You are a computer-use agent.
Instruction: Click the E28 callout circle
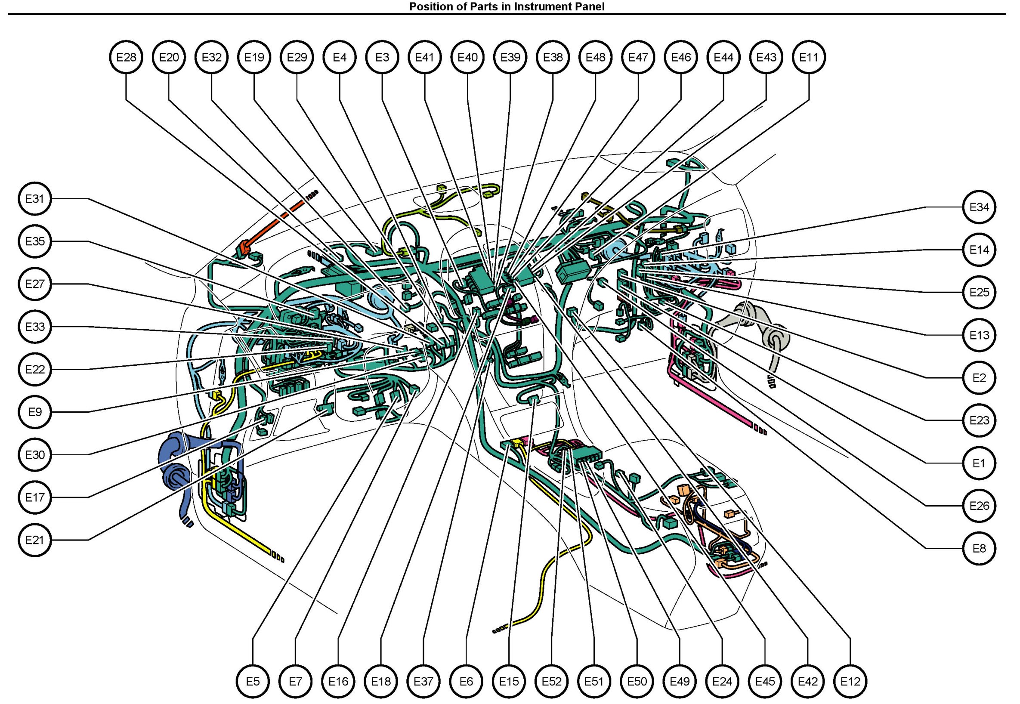(x=126, y=57)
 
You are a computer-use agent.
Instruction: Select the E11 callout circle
(x=809, y=57)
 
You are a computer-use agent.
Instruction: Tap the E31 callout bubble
(x=35, y=199)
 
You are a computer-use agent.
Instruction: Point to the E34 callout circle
(x=979, y=207)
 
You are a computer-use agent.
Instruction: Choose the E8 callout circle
(x=979, y=548)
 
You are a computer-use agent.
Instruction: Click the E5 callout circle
(x=253, y=682)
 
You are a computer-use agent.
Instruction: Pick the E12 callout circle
(x=850, y=682)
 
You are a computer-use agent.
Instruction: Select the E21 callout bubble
(x=35, y=540)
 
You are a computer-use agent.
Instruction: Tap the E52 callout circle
(x=551, y=682)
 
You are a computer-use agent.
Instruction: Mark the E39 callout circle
(x=510, y=57)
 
